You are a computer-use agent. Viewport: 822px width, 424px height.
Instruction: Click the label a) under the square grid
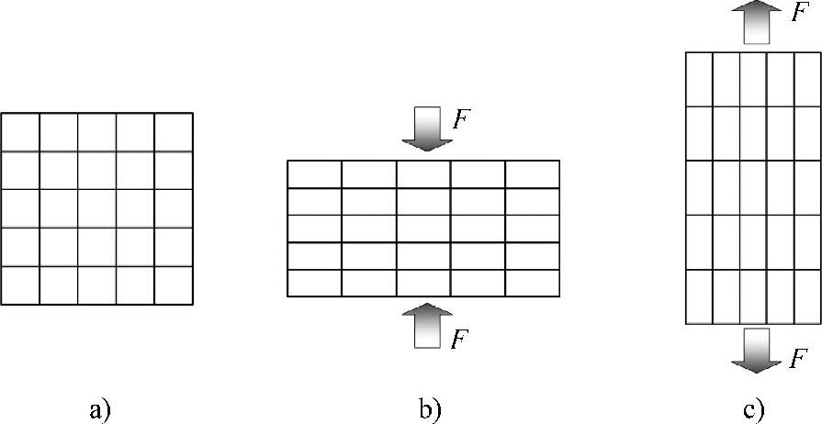coord(101,407)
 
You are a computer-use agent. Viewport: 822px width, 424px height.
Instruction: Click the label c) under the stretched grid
coord(755,407)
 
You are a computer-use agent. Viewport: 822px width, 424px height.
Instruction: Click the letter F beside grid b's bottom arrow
coord(463,338)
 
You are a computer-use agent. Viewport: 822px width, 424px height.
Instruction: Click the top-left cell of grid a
coord(20,131)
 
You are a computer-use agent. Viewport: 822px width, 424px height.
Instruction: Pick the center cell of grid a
coord(96,208)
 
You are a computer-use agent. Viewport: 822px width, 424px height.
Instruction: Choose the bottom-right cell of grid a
coord(174,285)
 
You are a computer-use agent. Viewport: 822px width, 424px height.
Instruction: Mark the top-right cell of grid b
coord(532,174)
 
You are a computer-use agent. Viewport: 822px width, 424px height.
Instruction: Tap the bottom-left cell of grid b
coord(315,284)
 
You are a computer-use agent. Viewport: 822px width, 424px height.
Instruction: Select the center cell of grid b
coord(423,229)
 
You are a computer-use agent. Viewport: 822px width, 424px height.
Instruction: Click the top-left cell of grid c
coord(699,79)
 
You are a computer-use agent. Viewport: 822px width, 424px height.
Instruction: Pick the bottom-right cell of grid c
coord(805,296)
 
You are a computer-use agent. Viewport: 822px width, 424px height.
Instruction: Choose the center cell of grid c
coord(752,187)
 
